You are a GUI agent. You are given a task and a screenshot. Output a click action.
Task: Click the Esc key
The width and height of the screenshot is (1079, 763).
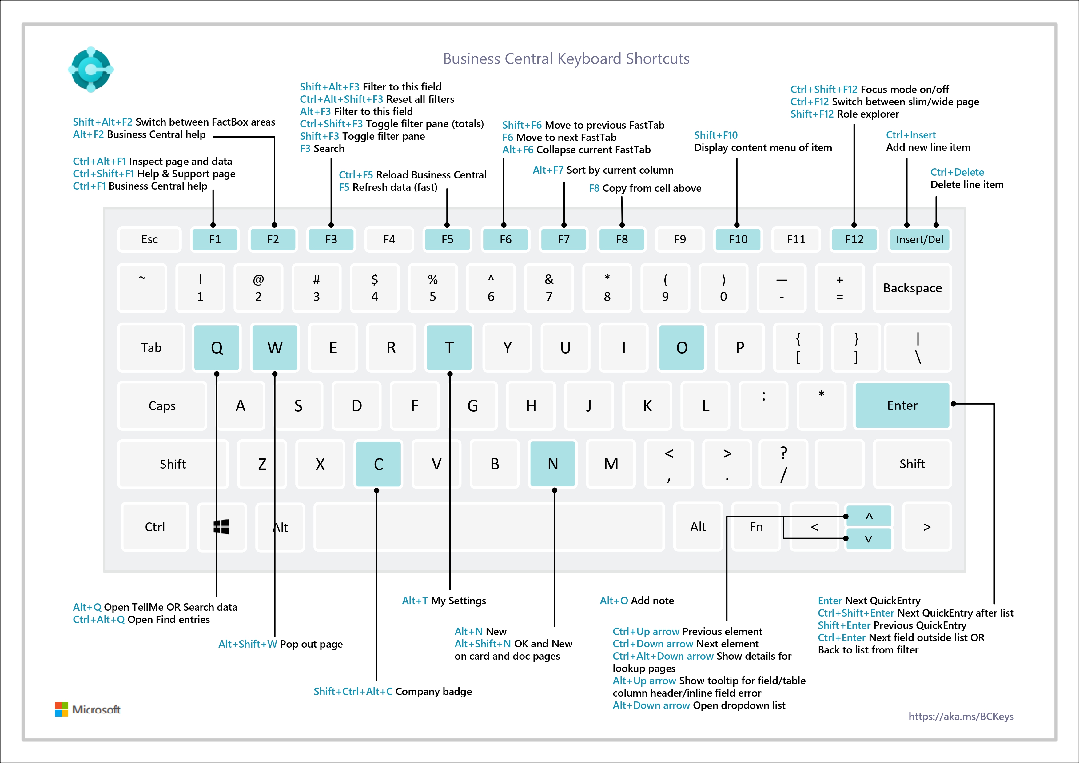coord(149,239)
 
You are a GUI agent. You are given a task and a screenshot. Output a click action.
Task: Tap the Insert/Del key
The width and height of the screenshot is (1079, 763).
coord(919,239)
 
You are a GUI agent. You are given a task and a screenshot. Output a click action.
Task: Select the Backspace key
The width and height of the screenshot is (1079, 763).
coord(912,288)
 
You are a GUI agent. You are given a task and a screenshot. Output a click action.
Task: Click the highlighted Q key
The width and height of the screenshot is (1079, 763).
coord(217,347)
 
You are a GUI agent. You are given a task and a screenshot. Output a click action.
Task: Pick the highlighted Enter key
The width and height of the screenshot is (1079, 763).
coord(902,405)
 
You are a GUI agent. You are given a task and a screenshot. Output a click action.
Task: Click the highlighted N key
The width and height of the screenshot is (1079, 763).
coord(553,464)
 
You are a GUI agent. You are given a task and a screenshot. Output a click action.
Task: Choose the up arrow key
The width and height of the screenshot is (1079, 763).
coord(869,516)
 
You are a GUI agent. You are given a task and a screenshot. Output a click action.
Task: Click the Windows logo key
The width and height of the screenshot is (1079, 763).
coord(221,526)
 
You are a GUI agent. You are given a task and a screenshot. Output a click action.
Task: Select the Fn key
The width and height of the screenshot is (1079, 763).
coord(756,526)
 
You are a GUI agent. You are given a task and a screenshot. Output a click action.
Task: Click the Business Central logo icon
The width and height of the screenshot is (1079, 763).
coord(91,69)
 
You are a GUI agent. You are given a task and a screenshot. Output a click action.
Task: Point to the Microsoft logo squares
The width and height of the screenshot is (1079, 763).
coord(62,709)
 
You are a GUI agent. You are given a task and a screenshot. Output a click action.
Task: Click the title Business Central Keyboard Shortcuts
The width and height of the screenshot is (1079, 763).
coord(566,59)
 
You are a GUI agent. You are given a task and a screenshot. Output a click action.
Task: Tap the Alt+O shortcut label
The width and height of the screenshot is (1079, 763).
coord(614,600)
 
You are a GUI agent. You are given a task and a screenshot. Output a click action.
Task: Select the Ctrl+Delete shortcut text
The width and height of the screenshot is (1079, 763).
coord(957,172)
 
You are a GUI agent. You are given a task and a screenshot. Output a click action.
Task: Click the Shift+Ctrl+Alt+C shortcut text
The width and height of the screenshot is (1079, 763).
coord(353,691)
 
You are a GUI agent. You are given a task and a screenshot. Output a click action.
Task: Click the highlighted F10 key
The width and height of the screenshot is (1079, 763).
coord(738,239)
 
